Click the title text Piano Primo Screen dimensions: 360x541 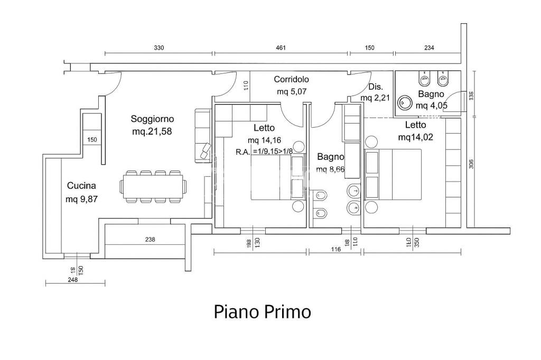(x=262, y=311)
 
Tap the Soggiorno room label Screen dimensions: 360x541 (x=153, y=119)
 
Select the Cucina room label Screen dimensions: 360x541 (x=81, y=186)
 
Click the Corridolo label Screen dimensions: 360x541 (x=291, y=80)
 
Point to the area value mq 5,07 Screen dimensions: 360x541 (x=292, y=92)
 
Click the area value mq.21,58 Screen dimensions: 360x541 (x=153, y=131)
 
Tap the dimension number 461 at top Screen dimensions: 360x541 (x=281, y=48)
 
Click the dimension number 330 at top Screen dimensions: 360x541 (x=158, y=48)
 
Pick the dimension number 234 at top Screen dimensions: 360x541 (x=428, y=48)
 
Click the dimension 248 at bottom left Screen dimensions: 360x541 (x=72, y=280)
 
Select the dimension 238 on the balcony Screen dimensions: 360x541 (x=150, y=239)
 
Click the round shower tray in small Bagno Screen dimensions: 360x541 (x=405, y=102)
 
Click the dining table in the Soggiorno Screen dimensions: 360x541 (x=153, y=186)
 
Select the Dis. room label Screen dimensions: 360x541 (x=375, y=87)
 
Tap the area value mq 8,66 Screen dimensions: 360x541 (x=330, y=169)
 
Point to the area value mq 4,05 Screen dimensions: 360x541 (x=431, y=106)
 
